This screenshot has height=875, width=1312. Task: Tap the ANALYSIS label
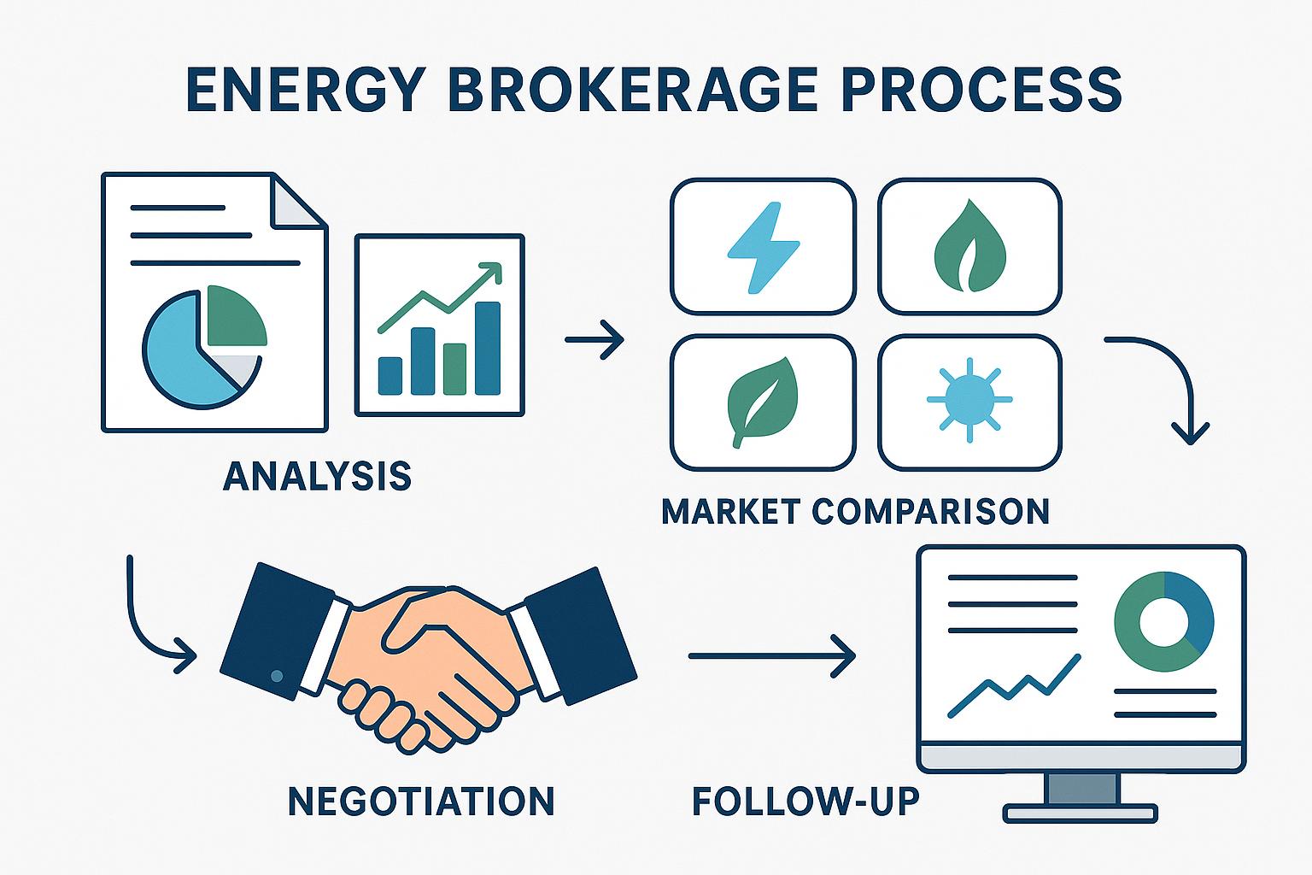coord(317,476)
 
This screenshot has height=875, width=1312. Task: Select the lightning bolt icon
coord(762,247)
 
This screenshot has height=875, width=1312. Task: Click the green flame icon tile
coord(970,247)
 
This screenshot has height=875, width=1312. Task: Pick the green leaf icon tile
coord(762,402)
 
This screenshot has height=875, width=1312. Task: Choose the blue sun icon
coord(969,399)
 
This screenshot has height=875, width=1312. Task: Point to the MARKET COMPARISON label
coord(855,511)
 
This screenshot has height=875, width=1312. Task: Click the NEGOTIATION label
coord(421,802)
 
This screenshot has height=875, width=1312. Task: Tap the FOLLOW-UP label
coord(805,802)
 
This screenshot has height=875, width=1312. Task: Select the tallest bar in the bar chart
coord(488,348)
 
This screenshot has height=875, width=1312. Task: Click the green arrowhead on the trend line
coord(490,273)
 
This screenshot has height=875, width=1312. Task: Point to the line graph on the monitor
coord(1015,684)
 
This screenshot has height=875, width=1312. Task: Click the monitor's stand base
coord(1081,812)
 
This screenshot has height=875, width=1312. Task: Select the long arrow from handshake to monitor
coord(771,656)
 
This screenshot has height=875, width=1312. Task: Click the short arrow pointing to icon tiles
coord(595,340)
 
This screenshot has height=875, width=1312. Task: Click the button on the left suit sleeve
coord(276,676)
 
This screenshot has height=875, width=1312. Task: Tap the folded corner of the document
coord(299,202)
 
